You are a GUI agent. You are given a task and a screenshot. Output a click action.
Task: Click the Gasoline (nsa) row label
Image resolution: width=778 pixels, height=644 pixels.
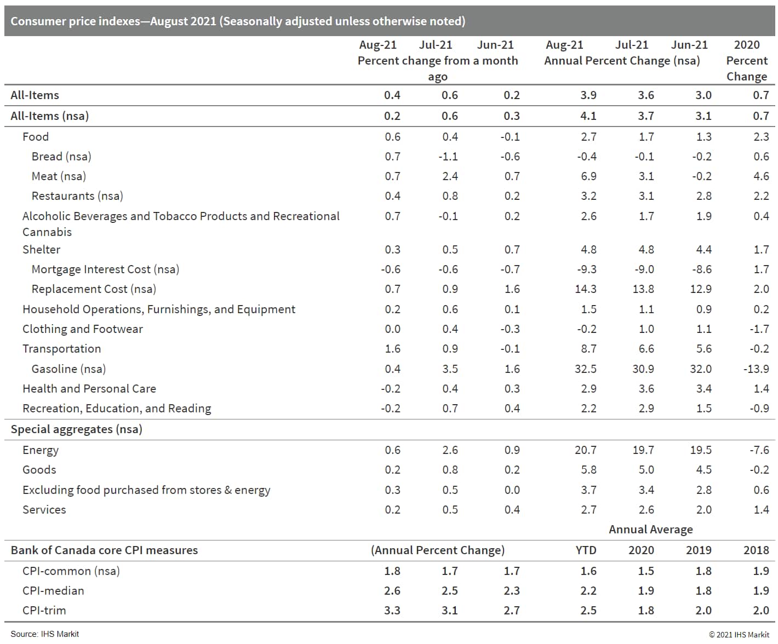[68, 369]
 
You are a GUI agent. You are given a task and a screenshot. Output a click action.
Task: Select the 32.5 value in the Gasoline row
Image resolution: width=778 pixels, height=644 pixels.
[585, 369]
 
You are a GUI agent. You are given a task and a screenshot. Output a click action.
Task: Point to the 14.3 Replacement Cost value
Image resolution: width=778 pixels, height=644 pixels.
[585, 289]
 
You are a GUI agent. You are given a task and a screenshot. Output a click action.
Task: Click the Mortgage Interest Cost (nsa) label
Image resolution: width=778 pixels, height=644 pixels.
[105, 269]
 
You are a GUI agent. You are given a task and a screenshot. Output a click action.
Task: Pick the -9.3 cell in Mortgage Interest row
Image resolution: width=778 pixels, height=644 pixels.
[586, 269]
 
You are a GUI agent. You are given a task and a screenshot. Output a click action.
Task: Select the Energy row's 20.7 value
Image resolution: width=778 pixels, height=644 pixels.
[585, 450]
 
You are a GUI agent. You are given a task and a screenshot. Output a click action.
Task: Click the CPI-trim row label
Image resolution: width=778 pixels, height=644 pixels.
[44, 610]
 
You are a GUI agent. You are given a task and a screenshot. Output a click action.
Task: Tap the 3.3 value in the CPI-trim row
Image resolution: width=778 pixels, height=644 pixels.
[392, 610]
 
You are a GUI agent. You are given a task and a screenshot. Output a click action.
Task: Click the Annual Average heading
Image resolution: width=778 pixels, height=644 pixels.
[650, 529]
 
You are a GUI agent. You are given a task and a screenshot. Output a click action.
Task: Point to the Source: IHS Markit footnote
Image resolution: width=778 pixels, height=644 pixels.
[44, 634]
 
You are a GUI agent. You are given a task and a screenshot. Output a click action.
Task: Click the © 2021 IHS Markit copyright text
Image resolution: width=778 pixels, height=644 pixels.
[739, 634]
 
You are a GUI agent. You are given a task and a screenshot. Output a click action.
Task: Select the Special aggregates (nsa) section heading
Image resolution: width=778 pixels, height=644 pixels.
[76, 429]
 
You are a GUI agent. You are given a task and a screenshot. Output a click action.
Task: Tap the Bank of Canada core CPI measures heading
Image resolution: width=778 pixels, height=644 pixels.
[104, 550]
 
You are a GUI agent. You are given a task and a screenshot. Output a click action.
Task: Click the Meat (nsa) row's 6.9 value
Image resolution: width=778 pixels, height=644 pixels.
[588, 176]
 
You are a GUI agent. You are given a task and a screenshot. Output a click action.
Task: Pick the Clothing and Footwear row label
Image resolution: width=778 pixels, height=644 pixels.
[82, 329]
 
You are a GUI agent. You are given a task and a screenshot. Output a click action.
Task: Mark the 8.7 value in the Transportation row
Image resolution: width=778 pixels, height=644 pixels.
[588, 348]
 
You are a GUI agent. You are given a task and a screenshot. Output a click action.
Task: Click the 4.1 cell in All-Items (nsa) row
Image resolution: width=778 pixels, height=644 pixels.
[588, 116]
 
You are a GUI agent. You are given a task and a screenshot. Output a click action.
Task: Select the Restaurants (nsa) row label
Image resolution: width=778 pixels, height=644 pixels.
[77, 196]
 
